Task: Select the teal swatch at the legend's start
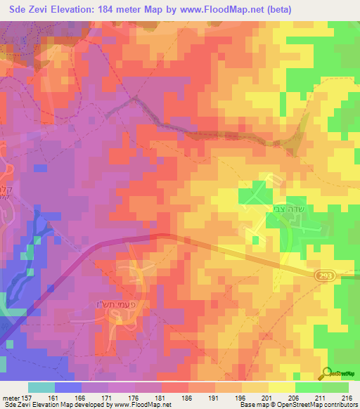(41, 387)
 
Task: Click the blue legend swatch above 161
(68, 387)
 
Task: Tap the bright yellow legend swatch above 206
(282, 387)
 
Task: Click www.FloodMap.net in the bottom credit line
(141, 405)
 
